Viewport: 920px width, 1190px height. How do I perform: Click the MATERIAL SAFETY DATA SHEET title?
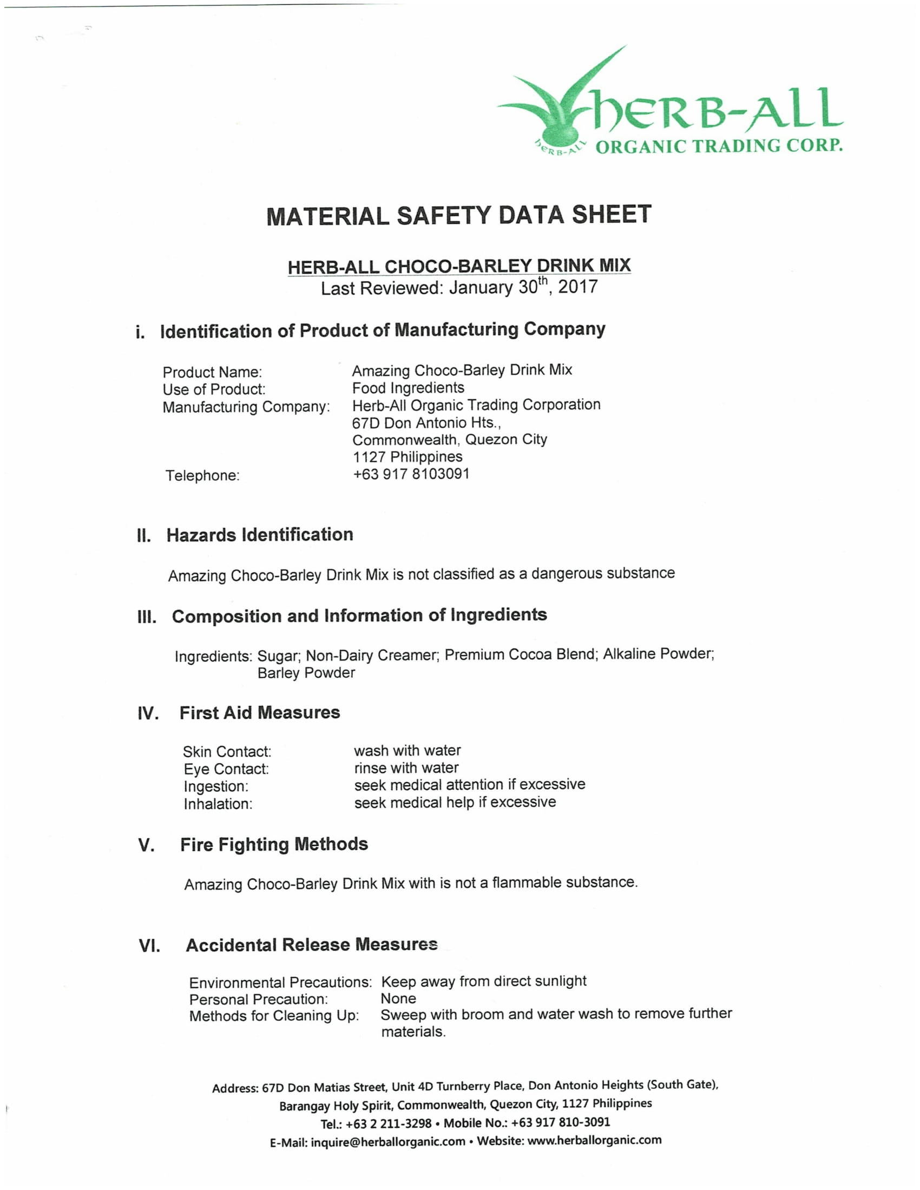pos(459,215)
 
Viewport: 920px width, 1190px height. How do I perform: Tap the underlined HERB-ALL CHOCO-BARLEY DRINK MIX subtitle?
pos(459,267)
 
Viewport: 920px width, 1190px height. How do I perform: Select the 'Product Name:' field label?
pos(212,372)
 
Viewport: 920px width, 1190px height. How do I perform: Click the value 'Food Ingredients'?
pos(408,388)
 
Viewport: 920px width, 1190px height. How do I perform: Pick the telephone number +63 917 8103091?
pos(411,474)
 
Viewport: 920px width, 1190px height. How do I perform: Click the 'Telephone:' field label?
pos(202,475)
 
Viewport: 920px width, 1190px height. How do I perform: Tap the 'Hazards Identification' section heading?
pos(259,534)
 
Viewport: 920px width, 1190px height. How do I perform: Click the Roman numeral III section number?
pos(147,617)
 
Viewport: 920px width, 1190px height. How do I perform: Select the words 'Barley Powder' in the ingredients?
pos(306,673)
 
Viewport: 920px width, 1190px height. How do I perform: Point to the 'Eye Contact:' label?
pos(226,769)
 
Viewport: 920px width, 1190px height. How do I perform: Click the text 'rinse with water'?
pos(406,768)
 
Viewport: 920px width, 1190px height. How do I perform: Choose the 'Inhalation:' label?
pos(218,804)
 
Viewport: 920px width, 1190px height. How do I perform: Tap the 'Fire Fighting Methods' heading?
pos(274,844)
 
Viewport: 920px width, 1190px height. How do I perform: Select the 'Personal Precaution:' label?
pos(258,999)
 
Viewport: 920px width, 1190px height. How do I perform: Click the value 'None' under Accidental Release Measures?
pos(398,998)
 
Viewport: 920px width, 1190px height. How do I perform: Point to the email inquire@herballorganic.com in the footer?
pos(387,1141)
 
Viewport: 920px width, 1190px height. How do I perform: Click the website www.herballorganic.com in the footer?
pos(594,1140)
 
